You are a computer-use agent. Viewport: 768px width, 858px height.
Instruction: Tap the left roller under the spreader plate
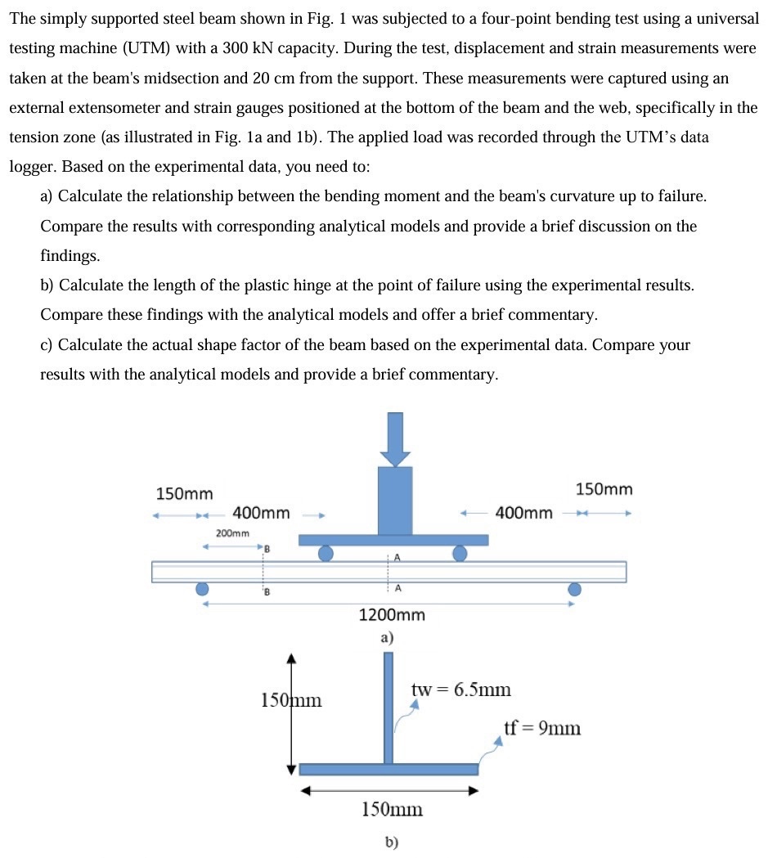[x=326, y=554]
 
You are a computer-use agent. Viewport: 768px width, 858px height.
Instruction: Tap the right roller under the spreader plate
[x=460, y=554]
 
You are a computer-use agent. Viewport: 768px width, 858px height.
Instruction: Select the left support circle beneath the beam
[x=202, y=589]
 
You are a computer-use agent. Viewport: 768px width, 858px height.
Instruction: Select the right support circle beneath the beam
[x=575, y=589]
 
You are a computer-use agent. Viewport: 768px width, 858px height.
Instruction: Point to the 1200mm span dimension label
[x=392, y=615]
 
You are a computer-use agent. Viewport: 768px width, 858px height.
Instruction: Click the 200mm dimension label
[x=233, y=532]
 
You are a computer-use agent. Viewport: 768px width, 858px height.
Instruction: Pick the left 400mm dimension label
[x=261, y=514]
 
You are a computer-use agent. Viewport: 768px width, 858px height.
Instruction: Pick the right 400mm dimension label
[x=524, y=514]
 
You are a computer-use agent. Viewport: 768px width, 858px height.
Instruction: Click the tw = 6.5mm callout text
[x=461, y=690]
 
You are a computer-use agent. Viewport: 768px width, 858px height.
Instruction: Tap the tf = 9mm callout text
[x=542, y=727]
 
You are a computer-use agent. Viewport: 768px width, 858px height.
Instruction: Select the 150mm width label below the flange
[x=392, y=810]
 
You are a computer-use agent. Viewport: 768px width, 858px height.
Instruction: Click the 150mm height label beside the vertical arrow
[x=291, y=700]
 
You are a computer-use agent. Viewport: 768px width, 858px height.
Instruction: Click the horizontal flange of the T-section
[x=388, y=769]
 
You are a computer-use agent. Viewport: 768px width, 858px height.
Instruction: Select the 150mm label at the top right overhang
[x=604, y=489]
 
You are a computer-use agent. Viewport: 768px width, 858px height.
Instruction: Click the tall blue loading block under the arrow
[x=396, y=501]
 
